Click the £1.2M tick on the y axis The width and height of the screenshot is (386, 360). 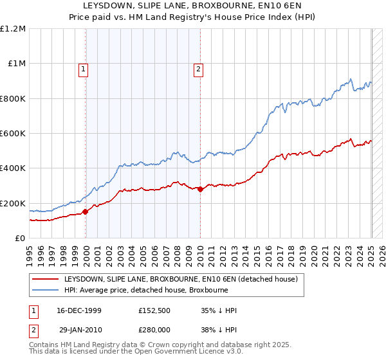pos(14,28)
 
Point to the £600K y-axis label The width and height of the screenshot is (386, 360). pos(14,133)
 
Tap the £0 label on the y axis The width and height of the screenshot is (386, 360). pos(21,238)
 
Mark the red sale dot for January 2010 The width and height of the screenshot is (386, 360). pos(200,189)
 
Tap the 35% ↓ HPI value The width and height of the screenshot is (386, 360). pos(219,311)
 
